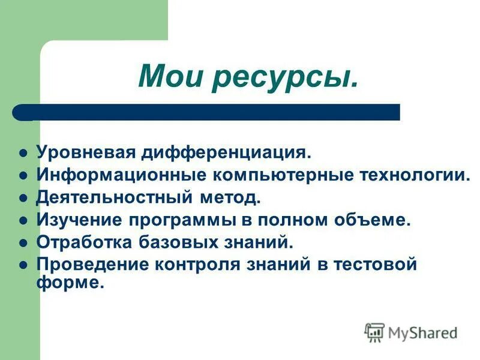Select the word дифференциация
coord(226,152)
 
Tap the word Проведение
coord(88,265)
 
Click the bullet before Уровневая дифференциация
coord(23,152)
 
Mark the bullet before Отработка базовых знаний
coord(23,243)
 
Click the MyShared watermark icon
coord(374,332)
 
